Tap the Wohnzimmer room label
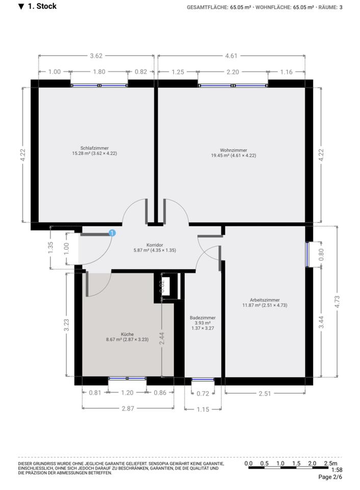234,150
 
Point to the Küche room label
127,334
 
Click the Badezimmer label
202,317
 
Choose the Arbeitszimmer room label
265,300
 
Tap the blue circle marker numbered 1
112,233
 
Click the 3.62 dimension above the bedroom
96,56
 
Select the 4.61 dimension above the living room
232,56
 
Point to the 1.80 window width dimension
98,72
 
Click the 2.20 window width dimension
233,72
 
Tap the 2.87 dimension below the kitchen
127,409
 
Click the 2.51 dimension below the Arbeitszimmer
265,393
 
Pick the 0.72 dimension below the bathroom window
203,393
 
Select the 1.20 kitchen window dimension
127,393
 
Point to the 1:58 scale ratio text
337,470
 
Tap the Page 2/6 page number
330,477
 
